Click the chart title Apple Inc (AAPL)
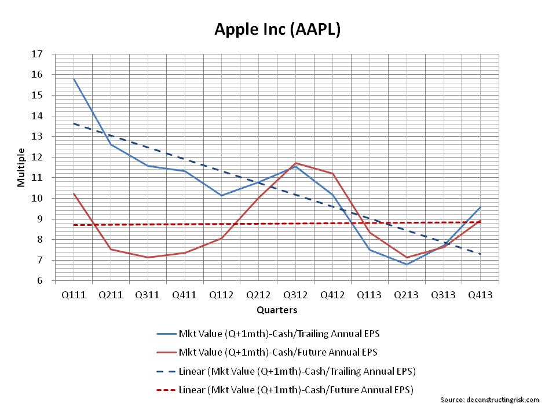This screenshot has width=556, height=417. (277, 29)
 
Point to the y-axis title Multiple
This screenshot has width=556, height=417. (21, 167)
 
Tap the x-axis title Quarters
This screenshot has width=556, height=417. (277, 310)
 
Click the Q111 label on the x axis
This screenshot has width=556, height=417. (74, 295)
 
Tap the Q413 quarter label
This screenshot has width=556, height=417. (480, 295)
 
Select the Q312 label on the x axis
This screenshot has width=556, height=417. (295, 295)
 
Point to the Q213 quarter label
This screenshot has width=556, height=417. (406, 295)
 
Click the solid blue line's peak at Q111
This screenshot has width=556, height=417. (74, 79)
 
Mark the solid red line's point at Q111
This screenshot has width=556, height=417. (74, 193)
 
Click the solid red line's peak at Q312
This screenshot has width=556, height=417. (295, 163)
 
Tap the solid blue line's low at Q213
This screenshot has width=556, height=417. (406, 264)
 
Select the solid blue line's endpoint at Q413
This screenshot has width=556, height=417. (480, 207)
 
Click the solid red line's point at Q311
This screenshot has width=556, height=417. (148, 257)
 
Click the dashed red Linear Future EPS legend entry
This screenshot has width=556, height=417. (284, 389)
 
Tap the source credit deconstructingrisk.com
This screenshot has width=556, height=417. (489, 400)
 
